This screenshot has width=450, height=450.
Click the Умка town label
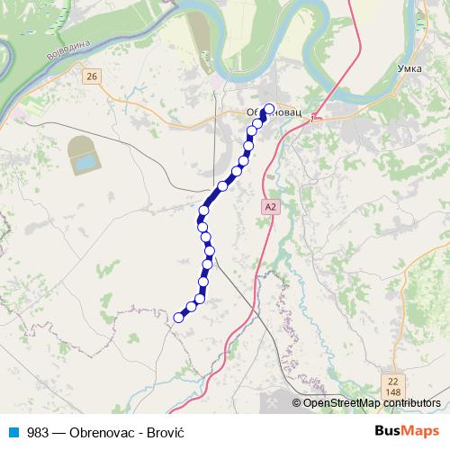[409, 68]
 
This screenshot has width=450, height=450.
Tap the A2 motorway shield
[270, 207]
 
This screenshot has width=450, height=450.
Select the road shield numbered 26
[92, 77]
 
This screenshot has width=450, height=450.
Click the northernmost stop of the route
[268, 110]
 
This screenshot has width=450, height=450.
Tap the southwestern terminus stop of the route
[178, 317]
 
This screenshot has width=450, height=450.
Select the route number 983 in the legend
[38, 432]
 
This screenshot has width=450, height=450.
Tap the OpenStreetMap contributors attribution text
[372, 403]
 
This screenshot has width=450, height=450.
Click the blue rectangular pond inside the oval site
[86, 163]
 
